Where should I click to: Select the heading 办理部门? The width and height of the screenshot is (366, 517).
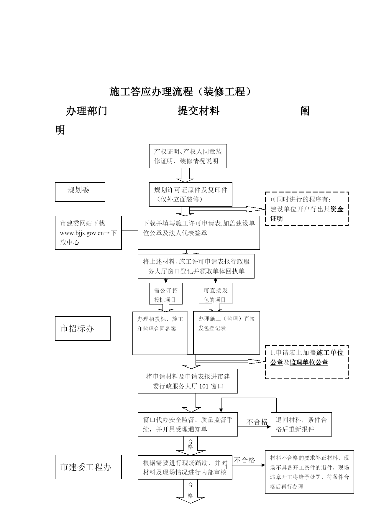pyautogui.click(x=86, y=111)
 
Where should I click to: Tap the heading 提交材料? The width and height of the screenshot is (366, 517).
pyautogui.click(x=198, y=111)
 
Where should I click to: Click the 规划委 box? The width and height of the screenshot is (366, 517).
pyautogui.click(x=80, y=192)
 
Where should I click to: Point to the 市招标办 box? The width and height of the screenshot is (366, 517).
pyautogui.click(x=83, y=329)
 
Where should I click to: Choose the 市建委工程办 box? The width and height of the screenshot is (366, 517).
pyautogui.click(x=88, y=467)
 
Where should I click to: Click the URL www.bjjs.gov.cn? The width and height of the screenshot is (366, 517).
pyautogui.click(x=82, y=233)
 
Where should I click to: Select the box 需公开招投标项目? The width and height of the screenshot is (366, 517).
pyautogui.click(x=166, y=294)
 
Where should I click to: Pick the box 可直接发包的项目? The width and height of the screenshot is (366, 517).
pyautogui.click(x=215, y=294)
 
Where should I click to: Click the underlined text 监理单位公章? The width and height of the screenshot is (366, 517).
pyautogui.click(x=309, y=363)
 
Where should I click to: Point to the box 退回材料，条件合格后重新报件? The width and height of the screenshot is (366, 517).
pyautogui.click(x=301, y=424)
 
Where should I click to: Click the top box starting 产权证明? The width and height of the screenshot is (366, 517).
pyautogui.click(x=188, y=156)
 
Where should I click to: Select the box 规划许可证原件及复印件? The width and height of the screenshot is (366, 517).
pyautogui.click(x=191, y=195)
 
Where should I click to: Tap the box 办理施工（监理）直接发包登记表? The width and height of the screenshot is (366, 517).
pyautogui.click(x=227, y=333)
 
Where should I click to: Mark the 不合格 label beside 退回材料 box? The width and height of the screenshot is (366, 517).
pyautogui.click(x=257, y=422)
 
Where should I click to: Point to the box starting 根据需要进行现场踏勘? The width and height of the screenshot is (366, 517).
pyautogui.click(x=185, y=467)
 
